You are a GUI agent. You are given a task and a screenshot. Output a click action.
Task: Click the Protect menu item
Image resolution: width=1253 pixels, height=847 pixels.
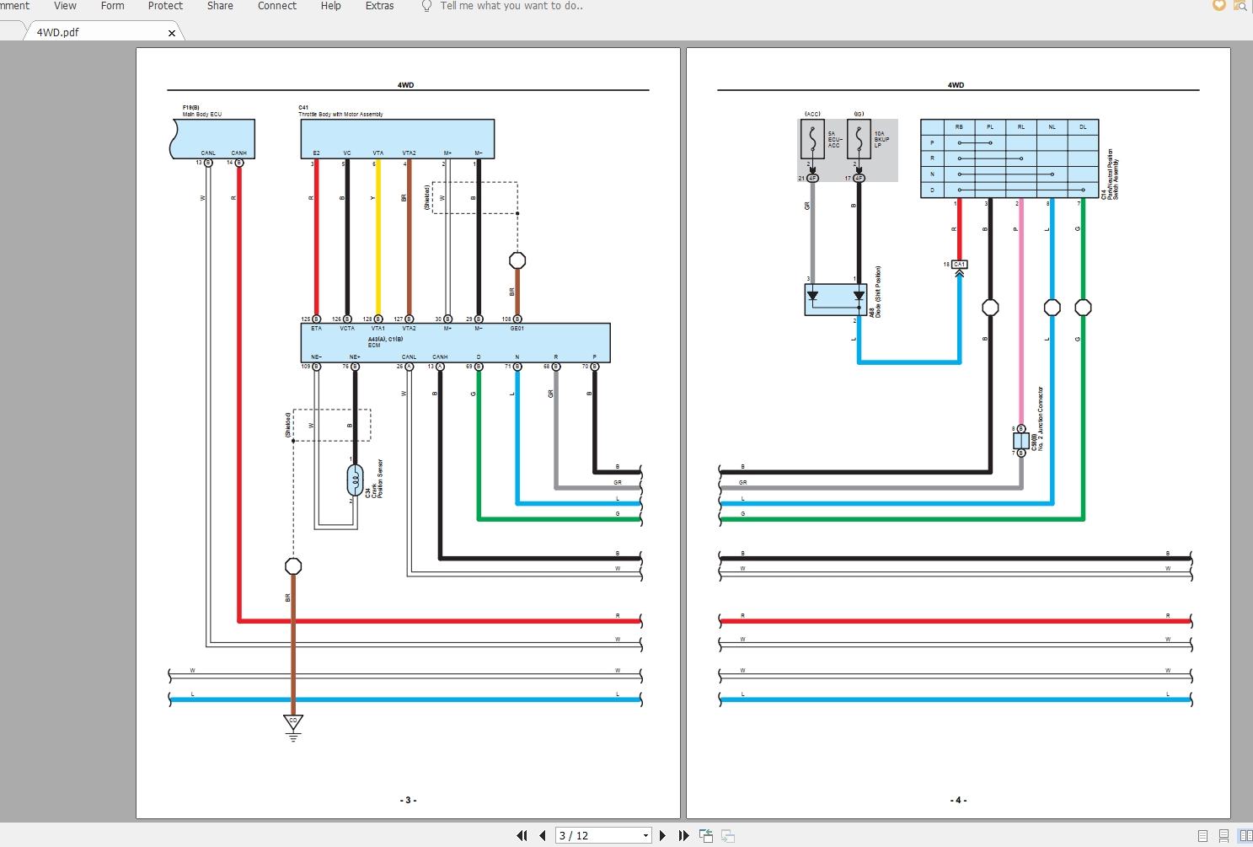pos(165,6)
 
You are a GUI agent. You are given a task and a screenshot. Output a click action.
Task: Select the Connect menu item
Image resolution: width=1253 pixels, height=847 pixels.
pos(276,6)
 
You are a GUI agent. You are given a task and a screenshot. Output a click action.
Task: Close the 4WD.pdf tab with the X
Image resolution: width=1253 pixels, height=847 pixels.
pos(172,33)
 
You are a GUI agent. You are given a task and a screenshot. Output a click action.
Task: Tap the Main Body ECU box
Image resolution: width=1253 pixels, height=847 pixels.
pos(214,137)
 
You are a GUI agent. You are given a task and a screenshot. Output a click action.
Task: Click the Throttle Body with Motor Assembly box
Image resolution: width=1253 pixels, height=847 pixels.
pos(397,137)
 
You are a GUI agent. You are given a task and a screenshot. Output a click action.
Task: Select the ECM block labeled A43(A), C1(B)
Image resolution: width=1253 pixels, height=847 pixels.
pos(455,342)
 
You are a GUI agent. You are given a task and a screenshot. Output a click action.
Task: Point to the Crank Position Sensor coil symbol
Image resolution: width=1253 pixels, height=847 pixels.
pos(355,480)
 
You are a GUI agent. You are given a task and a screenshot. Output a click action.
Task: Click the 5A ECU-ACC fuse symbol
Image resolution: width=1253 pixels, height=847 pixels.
pos(812,139)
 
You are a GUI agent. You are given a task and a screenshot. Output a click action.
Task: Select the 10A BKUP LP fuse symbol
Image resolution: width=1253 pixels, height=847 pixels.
pos(859,139)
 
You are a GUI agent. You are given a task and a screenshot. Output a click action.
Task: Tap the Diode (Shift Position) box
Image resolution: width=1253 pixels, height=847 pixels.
pos(835,299)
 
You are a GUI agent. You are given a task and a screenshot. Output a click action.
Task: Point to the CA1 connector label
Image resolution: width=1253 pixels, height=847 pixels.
pos(959,265)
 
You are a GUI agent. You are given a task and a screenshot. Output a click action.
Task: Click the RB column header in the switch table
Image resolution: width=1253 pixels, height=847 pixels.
pos(959,127)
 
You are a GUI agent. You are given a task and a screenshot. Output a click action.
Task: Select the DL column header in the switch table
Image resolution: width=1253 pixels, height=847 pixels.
pos(1083,127)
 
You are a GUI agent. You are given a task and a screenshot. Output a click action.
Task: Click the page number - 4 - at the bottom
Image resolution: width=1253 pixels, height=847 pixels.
pos(958,800)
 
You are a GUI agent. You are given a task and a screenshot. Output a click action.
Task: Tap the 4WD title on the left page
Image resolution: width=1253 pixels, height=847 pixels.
pos(405,85)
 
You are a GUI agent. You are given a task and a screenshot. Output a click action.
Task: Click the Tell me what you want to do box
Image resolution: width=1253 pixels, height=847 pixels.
pos(511,6)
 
